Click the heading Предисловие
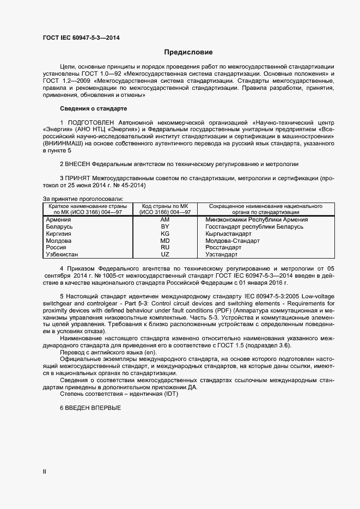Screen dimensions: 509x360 (188, 52)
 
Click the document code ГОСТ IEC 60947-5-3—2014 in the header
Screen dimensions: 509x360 (81, 38)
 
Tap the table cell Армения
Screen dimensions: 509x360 (59, 219)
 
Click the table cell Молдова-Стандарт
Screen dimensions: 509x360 (233, 241)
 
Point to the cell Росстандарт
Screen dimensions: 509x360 (223, 247)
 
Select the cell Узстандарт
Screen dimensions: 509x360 (222, 254)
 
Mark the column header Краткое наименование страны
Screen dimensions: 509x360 (88, 207)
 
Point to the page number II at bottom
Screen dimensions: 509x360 (45, 473)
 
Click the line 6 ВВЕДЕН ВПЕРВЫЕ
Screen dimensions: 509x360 (90, 408)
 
